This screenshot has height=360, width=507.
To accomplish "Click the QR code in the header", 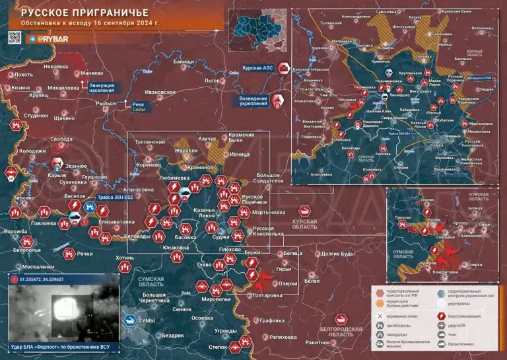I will (x=16, y=39).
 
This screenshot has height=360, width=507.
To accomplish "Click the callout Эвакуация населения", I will (x=103, y=87).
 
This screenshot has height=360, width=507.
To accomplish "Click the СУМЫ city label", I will (x=147, y=320).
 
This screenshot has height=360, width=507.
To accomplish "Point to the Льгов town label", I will (x=212, y=80).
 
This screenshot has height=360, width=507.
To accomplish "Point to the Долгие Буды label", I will (x=338, y=254).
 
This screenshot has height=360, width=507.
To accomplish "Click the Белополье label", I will (x=27, y=250).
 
